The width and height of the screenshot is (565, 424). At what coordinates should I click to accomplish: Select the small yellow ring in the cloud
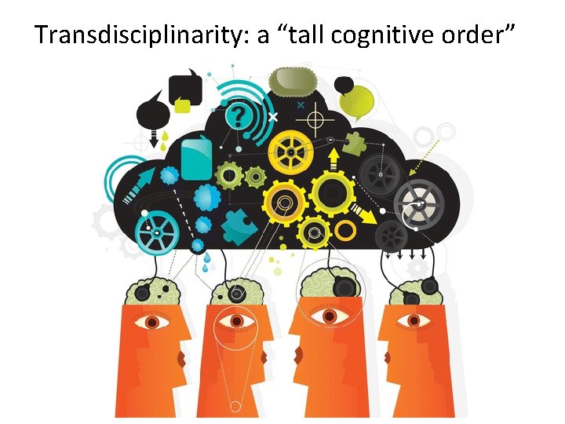coord(346,230)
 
